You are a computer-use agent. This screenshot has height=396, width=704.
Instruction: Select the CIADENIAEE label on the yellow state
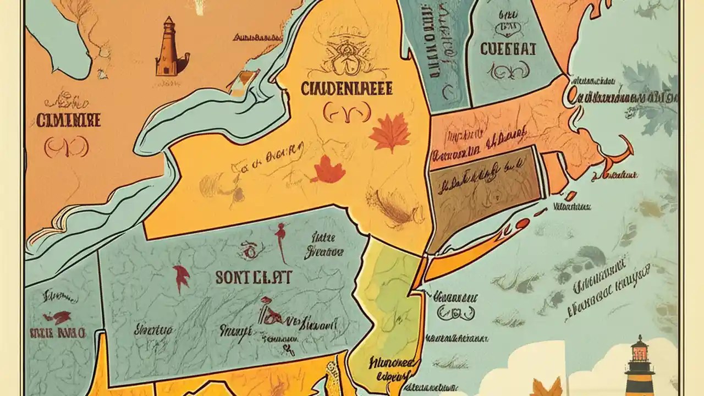[346, 89]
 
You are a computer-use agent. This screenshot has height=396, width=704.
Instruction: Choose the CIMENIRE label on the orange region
[68, 120]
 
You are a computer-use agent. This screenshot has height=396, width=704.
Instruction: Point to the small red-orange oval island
[522, 223]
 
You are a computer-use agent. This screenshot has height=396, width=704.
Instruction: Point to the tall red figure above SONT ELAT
[282, 242]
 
